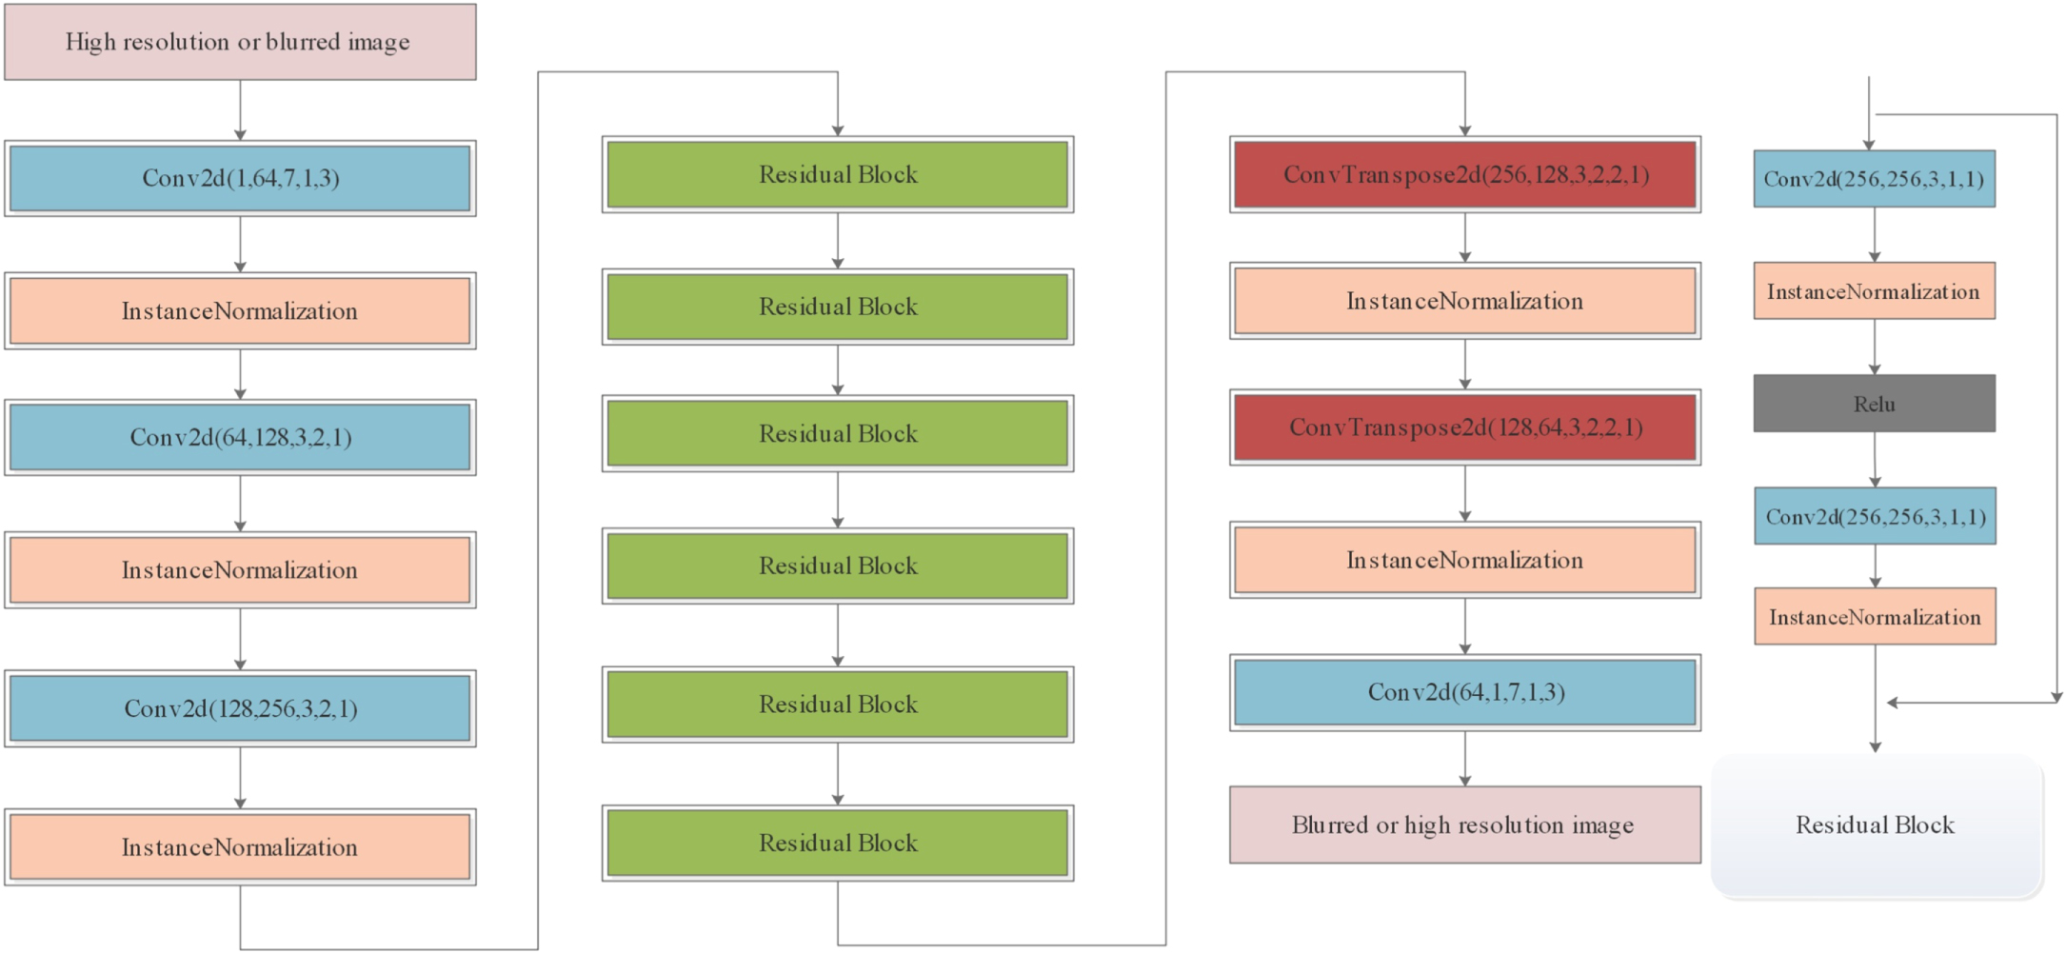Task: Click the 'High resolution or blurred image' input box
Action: pyautogui.click(x=240, y=42)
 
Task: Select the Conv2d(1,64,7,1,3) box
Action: pyautogui.click(x=240, y=178)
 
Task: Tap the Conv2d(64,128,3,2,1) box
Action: pyautogui.click(x=240, y=437)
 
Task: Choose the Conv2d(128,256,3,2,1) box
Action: pyautogui.click(x=240, y=708)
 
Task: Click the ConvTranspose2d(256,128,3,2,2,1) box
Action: pyautogui.click(x=1464, y=174)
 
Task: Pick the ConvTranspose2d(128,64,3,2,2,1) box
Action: pyautogui.click(x=1464, y=427)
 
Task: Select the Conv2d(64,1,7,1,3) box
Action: pyautogui.click(x=1464, y=692)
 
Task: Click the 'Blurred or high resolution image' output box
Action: pyautogui.click(x=1464, y=824)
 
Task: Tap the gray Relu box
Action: pyautogui.click(x=1874, y=404)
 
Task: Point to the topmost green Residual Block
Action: pyautogui.click(x=838, y=174)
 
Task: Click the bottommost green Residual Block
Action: pyautogui.click(x=838, y=843)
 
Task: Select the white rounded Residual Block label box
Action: pyautogui.click(x=1876, y=824)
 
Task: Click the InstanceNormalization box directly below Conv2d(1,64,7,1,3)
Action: pyautogui.click(x=240, y=311)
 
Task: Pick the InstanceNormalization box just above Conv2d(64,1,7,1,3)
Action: pyautogui.click(x=1464, y=560)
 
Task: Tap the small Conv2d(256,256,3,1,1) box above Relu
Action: pyautogui.click(x=1874, y=179)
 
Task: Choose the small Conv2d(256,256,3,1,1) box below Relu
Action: pyautogui.click(x=1875, y=517)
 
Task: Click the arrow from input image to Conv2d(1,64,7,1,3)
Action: pyautogui.click(x=240, y=110)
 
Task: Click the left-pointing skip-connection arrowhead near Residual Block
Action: pyautogui.click(x=1893, y=703)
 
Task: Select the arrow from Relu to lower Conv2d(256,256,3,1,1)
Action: pyautogui.click(x=1875, y=460)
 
